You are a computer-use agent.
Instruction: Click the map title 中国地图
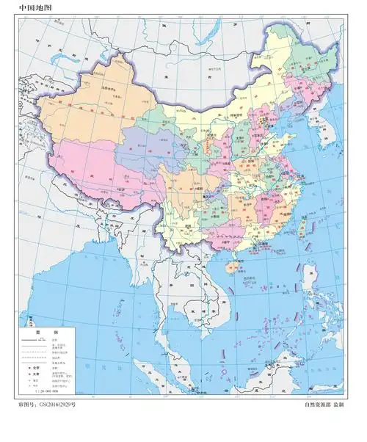pos(34,8)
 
